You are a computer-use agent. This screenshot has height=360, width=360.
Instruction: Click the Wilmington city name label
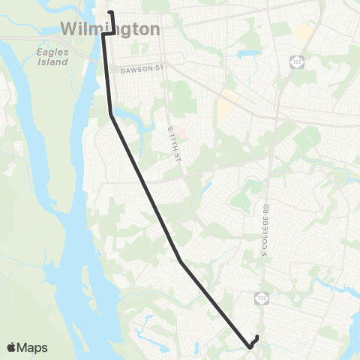tap(110, 28)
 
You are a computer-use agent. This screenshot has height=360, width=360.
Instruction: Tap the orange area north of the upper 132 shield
tap(304, 32)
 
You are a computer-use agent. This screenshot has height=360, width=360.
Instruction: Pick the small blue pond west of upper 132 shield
tap(247, 54)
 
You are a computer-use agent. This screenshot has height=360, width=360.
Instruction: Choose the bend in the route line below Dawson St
tap(111, 115)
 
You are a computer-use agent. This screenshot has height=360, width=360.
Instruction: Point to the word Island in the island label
tap(52, 61)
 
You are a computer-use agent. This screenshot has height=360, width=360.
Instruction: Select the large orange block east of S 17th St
tap(225, 109)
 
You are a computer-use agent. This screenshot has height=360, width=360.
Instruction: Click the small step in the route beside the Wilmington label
tap(108, 33)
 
